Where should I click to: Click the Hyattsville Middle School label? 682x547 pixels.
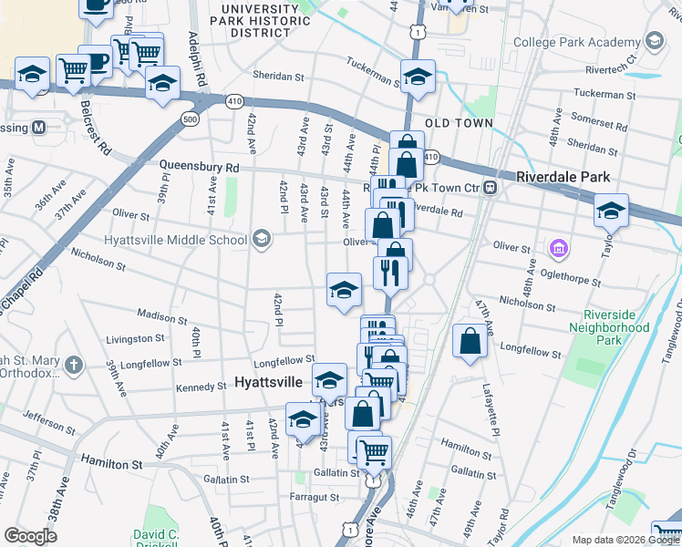pyautogui.click(x=176, y=241)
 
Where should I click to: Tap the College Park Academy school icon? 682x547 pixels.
pyautogui.click(x=654, y=41)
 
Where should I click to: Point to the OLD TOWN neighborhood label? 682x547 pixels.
pyautogui.click(x=459, y=123)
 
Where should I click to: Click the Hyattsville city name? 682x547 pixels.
pyautogui.click(x=271, y=383)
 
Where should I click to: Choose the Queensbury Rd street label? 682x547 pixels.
pyautogui.click(x=199, y=168)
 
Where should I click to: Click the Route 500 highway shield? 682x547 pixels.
pyautogui.click(x=190, y=119)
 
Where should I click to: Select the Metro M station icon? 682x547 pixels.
pyautogui.click(x=39, y=127)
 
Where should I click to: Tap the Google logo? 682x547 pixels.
pyautogui.click(x=30, y=535)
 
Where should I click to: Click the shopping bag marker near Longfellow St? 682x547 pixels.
pyautogui.click(x=470, y=343)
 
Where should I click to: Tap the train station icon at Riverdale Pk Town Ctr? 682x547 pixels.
pyautogui.click(x=490, y=188)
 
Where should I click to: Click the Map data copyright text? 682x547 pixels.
pyautogui.click(x=624, y=540)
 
